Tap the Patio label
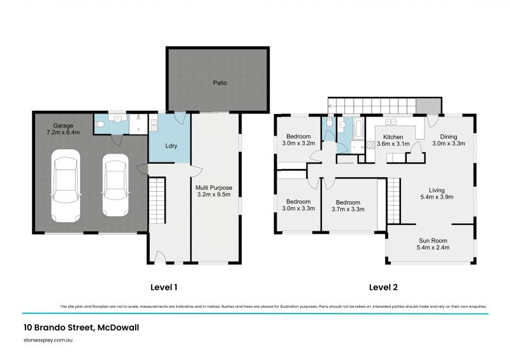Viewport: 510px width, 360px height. pyautogui.click(x=220, y=82)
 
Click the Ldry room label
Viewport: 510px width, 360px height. pyautogui.click(x=170, y=146)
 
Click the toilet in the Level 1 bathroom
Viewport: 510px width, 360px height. pyautogui.click(x=99, y=126)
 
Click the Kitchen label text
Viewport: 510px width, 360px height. pyautogui.click(x=393, y=136)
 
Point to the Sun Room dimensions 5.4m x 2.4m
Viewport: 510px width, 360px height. pyautogui.click(x=432, y=247)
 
